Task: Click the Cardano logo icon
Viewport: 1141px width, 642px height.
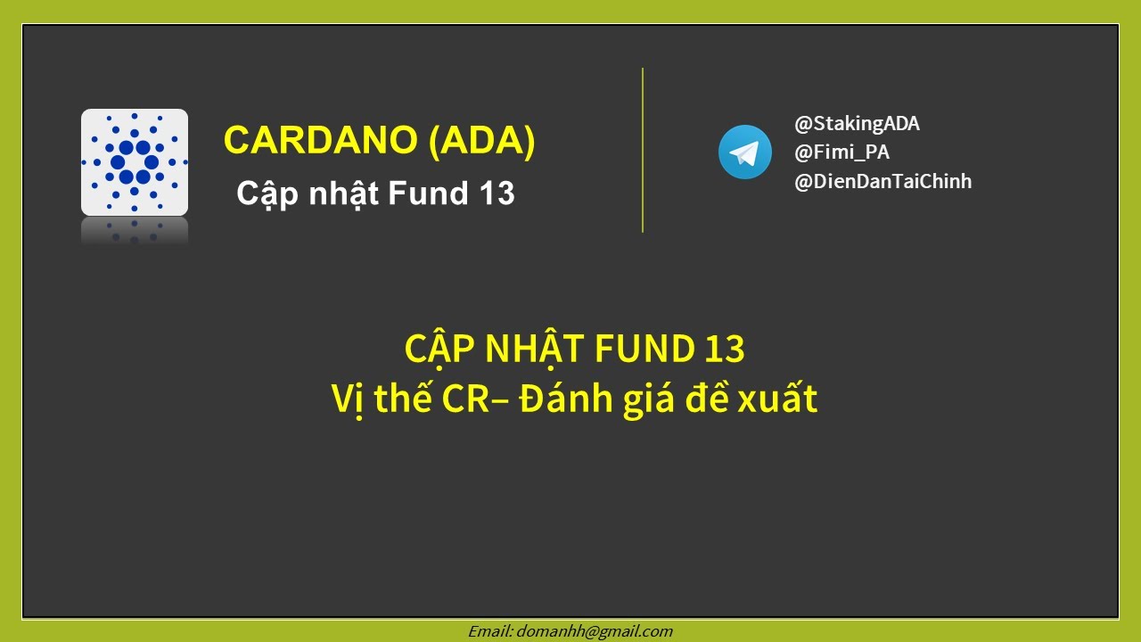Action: click(135, 162)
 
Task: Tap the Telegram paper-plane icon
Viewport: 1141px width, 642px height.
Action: click(745, 152)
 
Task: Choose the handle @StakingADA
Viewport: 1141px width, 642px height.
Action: click(857, 124)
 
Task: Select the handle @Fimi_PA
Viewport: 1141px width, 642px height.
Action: click(841, 152)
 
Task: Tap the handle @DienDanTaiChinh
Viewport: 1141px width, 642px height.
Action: click(882, 182)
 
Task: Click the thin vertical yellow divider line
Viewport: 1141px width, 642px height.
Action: click(643, 150)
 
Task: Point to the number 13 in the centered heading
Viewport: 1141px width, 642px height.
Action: click(724, 350)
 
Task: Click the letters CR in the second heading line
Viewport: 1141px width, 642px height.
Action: click(464, 399)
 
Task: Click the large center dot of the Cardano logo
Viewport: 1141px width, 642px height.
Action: click(135, 162)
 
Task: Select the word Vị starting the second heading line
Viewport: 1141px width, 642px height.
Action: click(348, 399)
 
